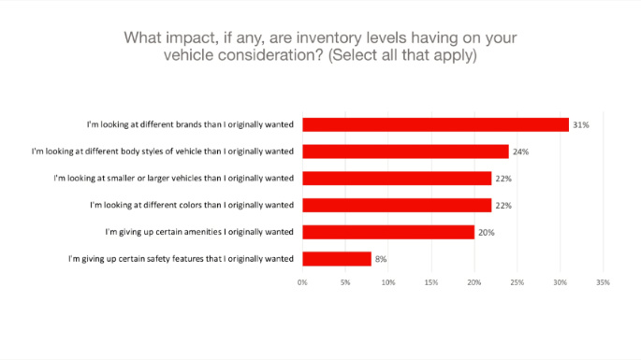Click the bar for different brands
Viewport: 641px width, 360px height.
(x=435, y=124)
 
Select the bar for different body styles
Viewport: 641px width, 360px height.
(x=405, y=151)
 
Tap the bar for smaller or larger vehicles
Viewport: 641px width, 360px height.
(x=397, y=178)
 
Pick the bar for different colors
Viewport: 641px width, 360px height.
(x=397, y=205)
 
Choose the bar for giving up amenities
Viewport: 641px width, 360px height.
(x=388, y=232)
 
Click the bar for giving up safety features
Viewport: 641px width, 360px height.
(x=337, y=258)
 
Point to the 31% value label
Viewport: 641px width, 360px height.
(x=580, y=124)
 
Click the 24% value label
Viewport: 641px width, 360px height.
(x=520, y=151)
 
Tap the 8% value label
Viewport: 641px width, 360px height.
(x=381, y=259)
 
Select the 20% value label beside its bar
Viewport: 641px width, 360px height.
(x=486, y=232)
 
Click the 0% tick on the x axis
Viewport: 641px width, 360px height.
(x=303, y=281)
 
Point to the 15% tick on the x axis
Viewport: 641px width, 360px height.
(x=431, y=281)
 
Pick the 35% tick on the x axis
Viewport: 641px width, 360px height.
(x=603, y=281)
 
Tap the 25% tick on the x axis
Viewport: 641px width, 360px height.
(x=517, y=281)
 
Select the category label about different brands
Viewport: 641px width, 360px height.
(x=190, y=124)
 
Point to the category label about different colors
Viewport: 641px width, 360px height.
(x=192, y=205)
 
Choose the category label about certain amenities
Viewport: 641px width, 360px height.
(x=199, y=232)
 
